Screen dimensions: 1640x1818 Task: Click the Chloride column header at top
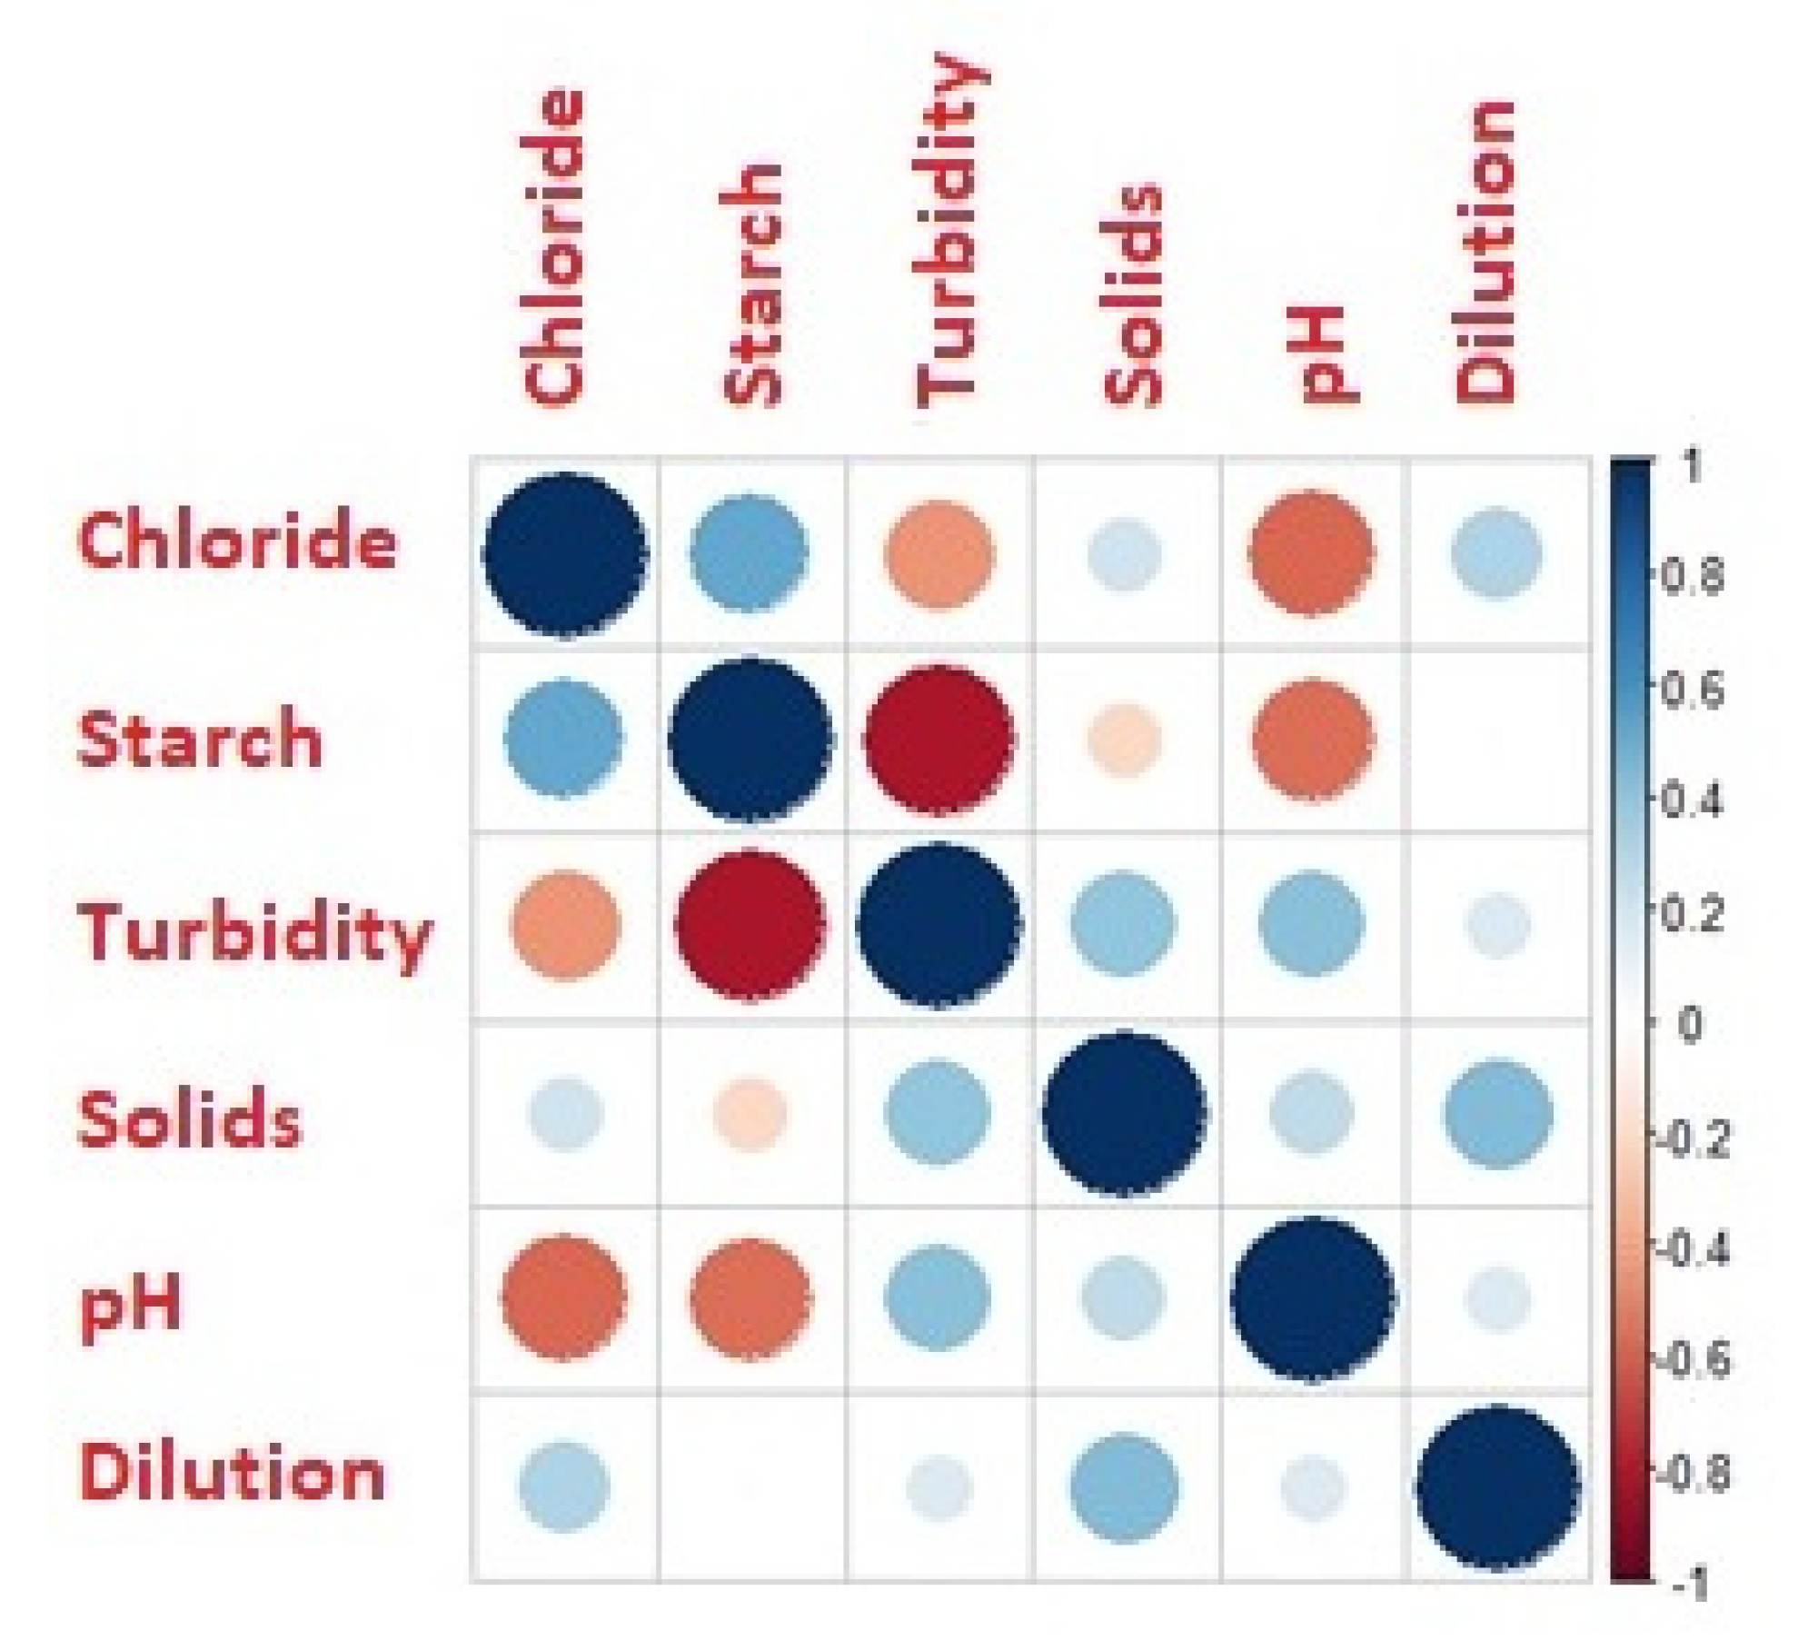coord(551,247)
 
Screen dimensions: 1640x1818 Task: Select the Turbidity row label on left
coord(255,932)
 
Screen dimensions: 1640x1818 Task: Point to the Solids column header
coord(1133,295)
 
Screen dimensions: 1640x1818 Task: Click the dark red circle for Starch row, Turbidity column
coord(939,738)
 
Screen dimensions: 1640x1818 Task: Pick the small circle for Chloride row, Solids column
coord(1125,553)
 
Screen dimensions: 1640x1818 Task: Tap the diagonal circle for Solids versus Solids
coord(1125,1113)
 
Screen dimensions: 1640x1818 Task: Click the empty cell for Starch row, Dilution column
coord(1499,740)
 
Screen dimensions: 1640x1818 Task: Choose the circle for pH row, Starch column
coord(750,1297)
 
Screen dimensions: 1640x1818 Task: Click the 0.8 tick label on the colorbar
coord(1693,576)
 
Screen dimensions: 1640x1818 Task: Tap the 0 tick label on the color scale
coord(1689,1024)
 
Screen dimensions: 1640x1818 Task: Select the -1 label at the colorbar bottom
coord(1691,1586)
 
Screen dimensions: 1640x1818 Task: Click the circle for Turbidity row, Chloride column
coord(565,926)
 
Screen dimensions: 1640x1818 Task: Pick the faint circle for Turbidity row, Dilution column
coord(1498,926)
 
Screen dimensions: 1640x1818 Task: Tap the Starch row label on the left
coord(200,740)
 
